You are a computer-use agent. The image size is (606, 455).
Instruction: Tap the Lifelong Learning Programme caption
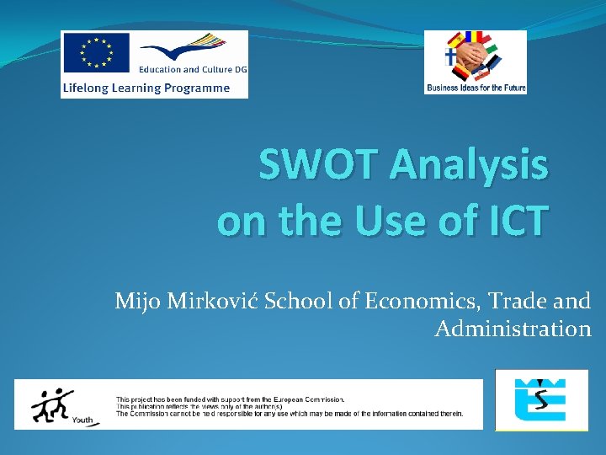coord(146,88)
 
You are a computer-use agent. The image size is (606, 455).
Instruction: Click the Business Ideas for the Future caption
coord(476,88)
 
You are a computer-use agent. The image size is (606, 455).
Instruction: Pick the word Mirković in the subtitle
coord(210,301)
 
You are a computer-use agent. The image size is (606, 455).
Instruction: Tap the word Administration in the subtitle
coord(513,329)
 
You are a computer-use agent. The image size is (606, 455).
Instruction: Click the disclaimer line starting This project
coord(230,399)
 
